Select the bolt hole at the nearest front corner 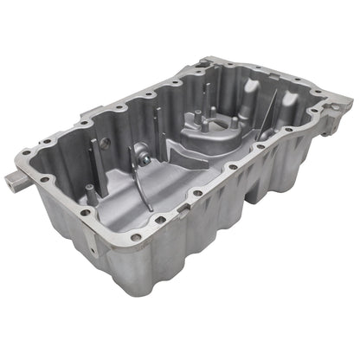[x=136, y=236]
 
